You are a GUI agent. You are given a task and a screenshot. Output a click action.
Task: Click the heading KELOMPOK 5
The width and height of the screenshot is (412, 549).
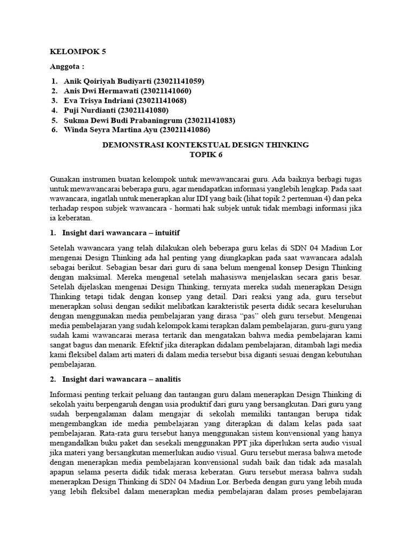coord(78,52)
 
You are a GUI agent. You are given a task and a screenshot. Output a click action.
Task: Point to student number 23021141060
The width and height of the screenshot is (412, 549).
coord(167,91)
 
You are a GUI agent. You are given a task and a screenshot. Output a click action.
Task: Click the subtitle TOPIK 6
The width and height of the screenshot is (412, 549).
coord(205,154)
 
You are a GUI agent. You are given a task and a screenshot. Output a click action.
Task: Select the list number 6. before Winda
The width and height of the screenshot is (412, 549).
coord(55,130)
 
